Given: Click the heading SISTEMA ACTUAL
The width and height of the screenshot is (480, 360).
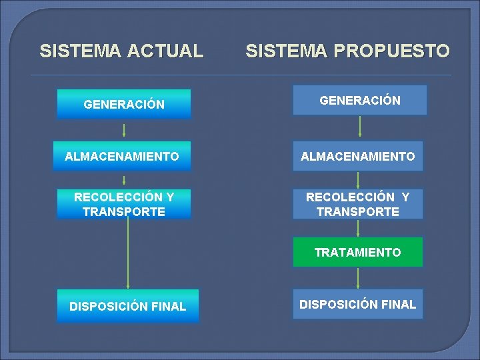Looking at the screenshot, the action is click(x=121, y=51).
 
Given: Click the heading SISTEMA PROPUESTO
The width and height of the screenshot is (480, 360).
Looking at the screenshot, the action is click(x=347, y=51).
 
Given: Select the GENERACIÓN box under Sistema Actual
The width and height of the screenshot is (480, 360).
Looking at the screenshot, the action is click(x=124, y=105).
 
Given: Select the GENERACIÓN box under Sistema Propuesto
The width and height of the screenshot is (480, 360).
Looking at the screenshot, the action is click(x=360, y=101).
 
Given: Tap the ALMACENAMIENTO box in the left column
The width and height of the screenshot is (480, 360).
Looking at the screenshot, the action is click(x=122, y=157).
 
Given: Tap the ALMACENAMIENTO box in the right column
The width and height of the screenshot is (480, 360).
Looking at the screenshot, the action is click(x=358, y=157).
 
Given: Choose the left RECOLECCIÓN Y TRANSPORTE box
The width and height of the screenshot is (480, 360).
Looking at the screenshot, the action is click(x=124, y=205).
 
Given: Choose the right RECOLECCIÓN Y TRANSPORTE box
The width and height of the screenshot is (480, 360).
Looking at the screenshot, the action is click(x=358, y=205).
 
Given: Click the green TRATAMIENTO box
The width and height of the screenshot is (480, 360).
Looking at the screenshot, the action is click(x=358, y=252).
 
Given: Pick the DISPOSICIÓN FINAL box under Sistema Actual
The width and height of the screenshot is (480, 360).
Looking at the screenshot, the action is click(x=127, y=307).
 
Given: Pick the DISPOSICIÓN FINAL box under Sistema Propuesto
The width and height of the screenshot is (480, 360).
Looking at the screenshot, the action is click(x=358, y=305).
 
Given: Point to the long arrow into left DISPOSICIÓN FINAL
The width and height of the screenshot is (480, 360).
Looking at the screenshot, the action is click(x=127, y=253).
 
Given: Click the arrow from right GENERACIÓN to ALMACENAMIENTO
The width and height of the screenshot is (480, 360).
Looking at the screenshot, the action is click(x=360, y=126).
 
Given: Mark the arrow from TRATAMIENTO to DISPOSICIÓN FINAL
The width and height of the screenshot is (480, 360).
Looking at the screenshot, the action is click(x=359, y=277).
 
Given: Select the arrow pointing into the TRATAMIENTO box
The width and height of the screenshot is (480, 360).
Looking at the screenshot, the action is click(x=359, y=228).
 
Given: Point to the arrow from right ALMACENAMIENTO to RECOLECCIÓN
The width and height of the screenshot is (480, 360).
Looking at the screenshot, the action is click(x=359, y=179).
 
